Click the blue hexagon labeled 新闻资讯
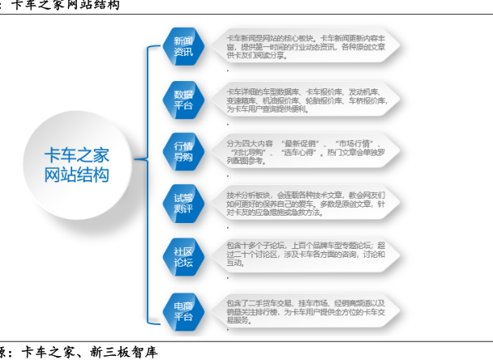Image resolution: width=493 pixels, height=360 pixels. [x=183, y=46]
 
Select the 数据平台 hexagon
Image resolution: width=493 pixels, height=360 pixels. [x=183, y=98]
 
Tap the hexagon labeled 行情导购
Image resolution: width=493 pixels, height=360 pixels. [x=183, y=151]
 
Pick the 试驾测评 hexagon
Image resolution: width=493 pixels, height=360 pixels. [x=183, y=203]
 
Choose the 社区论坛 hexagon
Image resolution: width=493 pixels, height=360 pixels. [x=183, y=255]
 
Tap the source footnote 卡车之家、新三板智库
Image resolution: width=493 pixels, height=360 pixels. [x=89, y=352]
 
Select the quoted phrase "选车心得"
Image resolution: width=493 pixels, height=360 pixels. [x=302, y=152]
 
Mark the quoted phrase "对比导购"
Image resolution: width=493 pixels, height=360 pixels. [x=249, y=152]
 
